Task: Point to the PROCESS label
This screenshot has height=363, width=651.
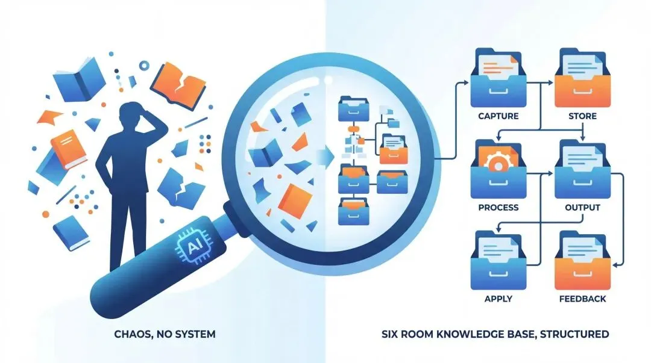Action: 498,207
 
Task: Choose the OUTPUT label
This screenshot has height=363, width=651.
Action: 582,207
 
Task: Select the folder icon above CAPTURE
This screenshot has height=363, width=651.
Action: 498,78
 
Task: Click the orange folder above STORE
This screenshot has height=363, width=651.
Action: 583,78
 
